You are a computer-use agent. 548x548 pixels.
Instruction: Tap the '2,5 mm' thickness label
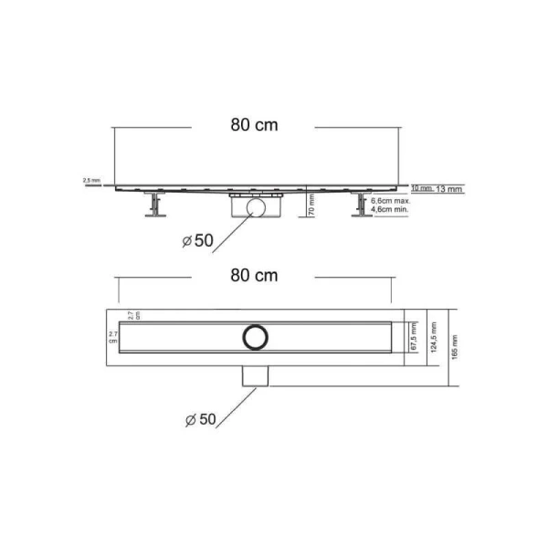pos(91,181)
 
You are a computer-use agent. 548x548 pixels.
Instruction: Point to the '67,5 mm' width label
pos(412,336)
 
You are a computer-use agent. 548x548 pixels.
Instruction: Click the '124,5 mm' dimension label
pos(431,336)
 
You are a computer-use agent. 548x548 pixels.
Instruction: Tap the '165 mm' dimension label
pos(450,347)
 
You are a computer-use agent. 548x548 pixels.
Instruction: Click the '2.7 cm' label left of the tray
pos(112,337)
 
